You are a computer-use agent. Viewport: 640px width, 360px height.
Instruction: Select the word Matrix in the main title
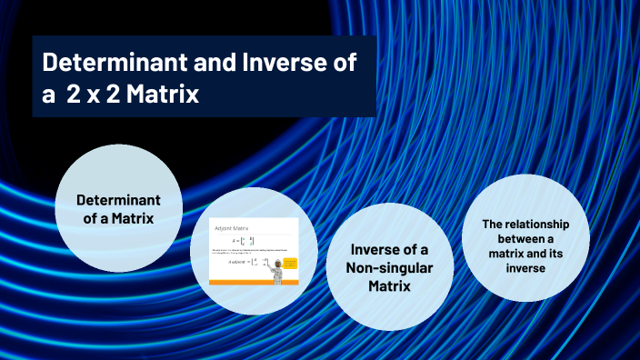pos(162,94)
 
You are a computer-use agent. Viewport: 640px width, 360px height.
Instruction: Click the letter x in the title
pos(94,95)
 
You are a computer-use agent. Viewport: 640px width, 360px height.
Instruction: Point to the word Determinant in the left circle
pos(118,199)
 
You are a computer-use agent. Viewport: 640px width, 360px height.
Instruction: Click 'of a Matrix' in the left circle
pos(118,218)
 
